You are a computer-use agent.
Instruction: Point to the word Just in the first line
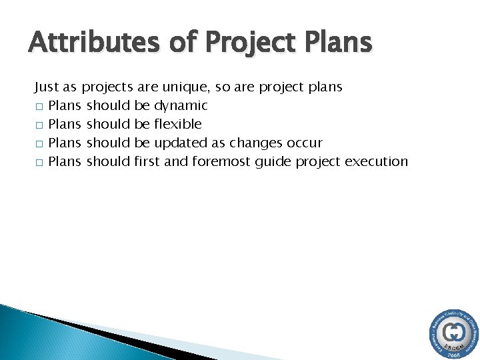pyautogui.click(x=47, y=87)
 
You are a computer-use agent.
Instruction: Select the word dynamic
pyautogui.click(x=181, y=106)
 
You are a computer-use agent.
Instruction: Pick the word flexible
pyautogui.click(x=178, y=124)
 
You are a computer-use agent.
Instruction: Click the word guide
pyautogui.click(x=270, y=161)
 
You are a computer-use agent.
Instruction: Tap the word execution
pyautogui.click(x=375, y=161)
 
